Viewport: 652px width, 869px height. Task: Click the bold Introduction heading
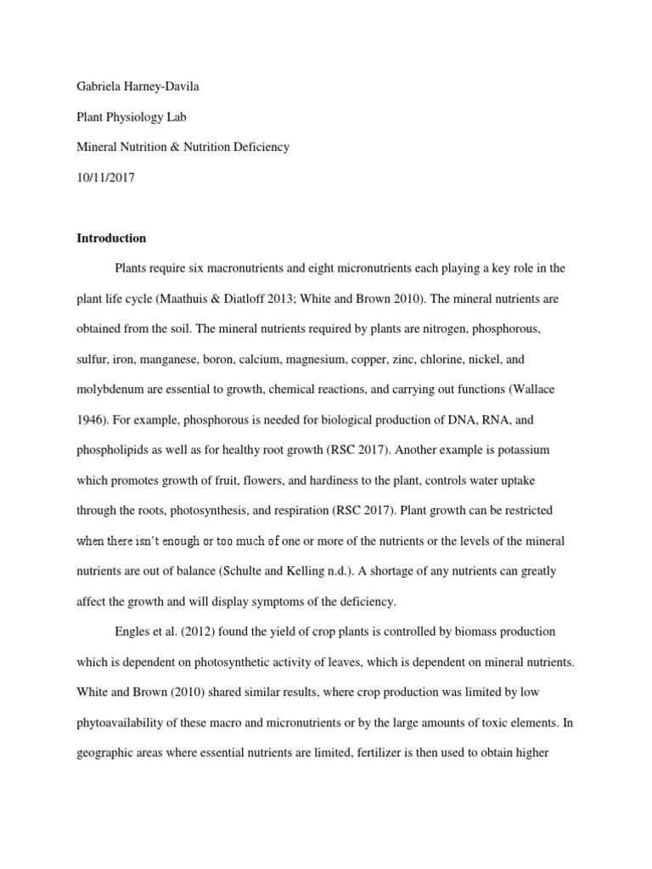click(111, 238)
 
